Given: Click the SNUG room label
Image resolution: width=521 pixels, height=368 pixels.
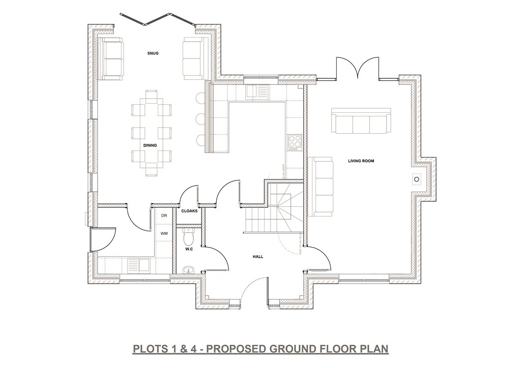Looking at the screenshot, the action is coord(153,53).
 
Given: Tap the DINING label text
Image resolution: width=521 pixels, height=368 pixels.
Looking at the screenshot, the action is coord(150,145).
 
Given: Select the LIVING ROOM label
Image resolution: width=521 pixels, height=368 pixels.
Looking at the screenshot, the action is coord(361,161).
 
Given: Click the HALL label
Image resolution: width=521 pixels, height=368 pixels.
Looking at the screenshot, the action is coord(258,257).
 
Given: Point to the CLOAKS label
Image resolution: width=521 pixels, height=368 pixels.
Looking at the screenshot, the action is coord(189,211).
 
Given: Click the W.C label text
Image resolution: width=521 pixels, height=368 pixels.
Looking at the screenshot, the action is coord(189,249).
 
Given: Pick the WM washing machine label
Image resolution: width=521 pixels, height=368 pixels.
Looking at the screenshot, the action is coord(164,234).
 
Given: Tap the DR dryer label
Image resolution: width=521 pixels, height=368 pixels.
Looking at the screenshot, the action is coord(164,216).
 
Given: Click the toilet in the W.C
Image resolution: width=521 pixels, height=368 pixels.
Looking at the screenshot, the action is coord(189,236).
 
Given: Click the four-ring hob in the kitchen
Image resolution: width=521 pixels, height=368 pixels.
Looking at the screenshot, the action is coord(295,142).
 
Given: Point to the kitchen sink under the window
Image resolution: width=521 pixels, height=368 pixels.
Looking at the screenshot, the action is coord(256,91).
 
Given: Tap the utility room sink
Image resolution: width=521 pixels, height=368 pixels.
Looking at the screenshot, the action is coord(139,265).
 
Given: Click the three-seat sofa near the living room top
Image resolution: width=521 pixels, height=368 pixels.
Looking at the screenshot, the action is coord(362,121).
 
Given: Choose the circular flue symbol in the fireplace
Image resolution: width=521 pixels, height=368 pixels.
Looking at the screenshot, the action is coord(417,179).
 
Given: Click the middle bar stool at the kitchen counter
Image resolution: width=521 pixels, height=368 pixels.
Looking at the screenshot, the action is coord(200,118).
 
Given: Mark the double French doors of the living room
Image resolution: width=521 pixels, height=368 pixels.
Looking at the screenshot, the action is coord(358,68).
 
